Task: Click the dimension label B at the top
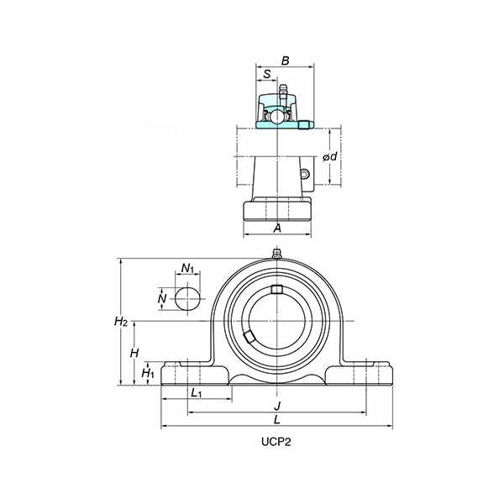285,60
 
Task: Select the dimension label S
267,74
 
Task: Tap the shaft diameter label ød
330,156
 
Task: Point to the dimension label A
277,228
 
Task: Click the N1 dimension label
187,268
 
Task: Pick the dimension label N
162,298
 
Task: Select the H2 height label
121,321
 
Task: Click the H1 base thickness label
148,373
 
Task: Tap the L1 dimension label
196,393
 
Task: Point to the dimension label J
277,406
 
